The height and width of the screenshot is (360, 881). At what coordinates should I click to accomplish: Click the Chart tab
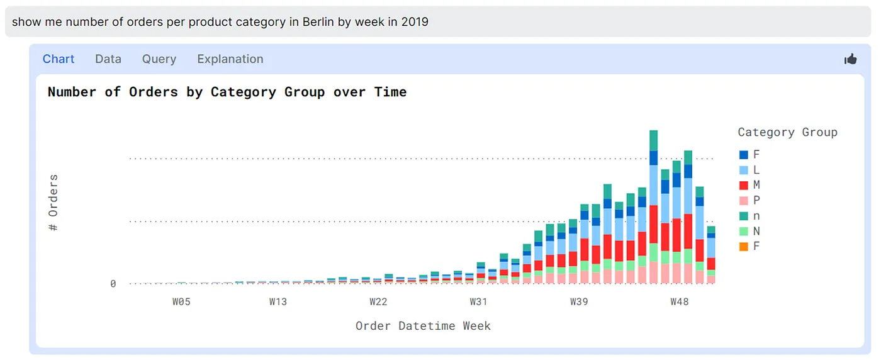59,59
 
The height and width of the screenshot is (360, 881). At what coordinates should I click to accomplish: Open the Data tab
108,59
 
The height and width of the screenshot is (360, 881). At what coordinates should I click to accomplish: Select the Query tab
159,59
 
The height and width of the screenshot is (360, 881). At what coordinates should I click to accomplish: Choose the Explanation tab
230,59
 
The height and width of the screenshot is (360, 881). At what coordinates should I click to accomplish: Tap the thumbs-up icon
851,59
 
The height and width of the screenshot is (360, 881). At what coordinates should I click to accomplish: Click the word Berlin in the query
318,22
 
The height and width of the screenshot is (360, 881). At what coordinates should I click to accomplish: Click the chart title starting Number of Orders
227,92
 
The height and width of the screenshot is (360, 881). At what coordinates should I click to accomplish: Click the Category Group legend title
787,132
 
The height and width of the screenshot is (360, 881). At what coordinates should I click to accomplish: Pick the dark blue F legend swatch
744,155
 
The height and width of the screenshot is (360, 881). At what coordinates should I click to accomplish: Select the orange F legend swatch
744,247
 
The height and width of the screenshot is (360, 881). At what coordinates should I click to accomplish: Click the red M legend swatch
744,185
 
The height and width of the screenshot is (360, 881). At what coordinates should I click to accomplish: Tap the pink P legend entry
749,201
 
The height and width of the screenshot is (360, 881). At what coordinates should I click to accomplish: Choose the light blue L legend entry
749,170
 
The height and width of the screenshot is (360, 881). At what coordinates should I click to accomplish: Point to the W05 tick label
181,302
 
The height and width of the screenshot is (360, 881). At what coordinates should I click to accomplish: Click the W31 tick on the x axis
478,302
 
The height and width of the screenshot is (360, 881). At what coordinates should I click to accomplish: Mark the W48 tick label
679,302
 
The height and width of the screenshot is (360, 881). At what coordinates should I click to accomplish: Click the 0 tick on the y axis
113,284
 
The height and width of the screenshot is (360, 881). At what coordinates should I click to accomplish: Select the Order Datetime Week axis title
423,326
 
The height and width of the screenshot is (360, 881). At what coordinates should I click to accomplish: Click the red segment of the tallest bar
653,224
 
